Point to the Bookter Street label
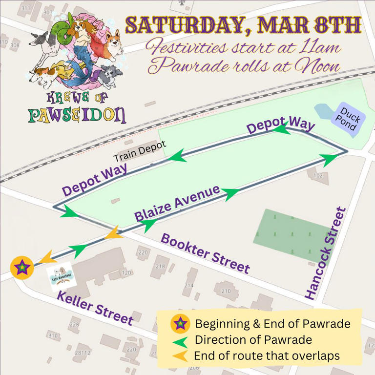click(206, 253)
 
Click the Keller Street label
click(95, 308)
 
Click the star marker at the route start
click(22, 268)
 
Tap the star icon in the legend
click(180, 323)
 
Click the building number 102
click(318, 175)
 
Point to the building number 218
click(160, 267)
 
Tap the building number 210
click(226, 291)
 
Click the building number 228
click(74, 325)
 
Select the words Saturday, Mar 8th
click(243, 25)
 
